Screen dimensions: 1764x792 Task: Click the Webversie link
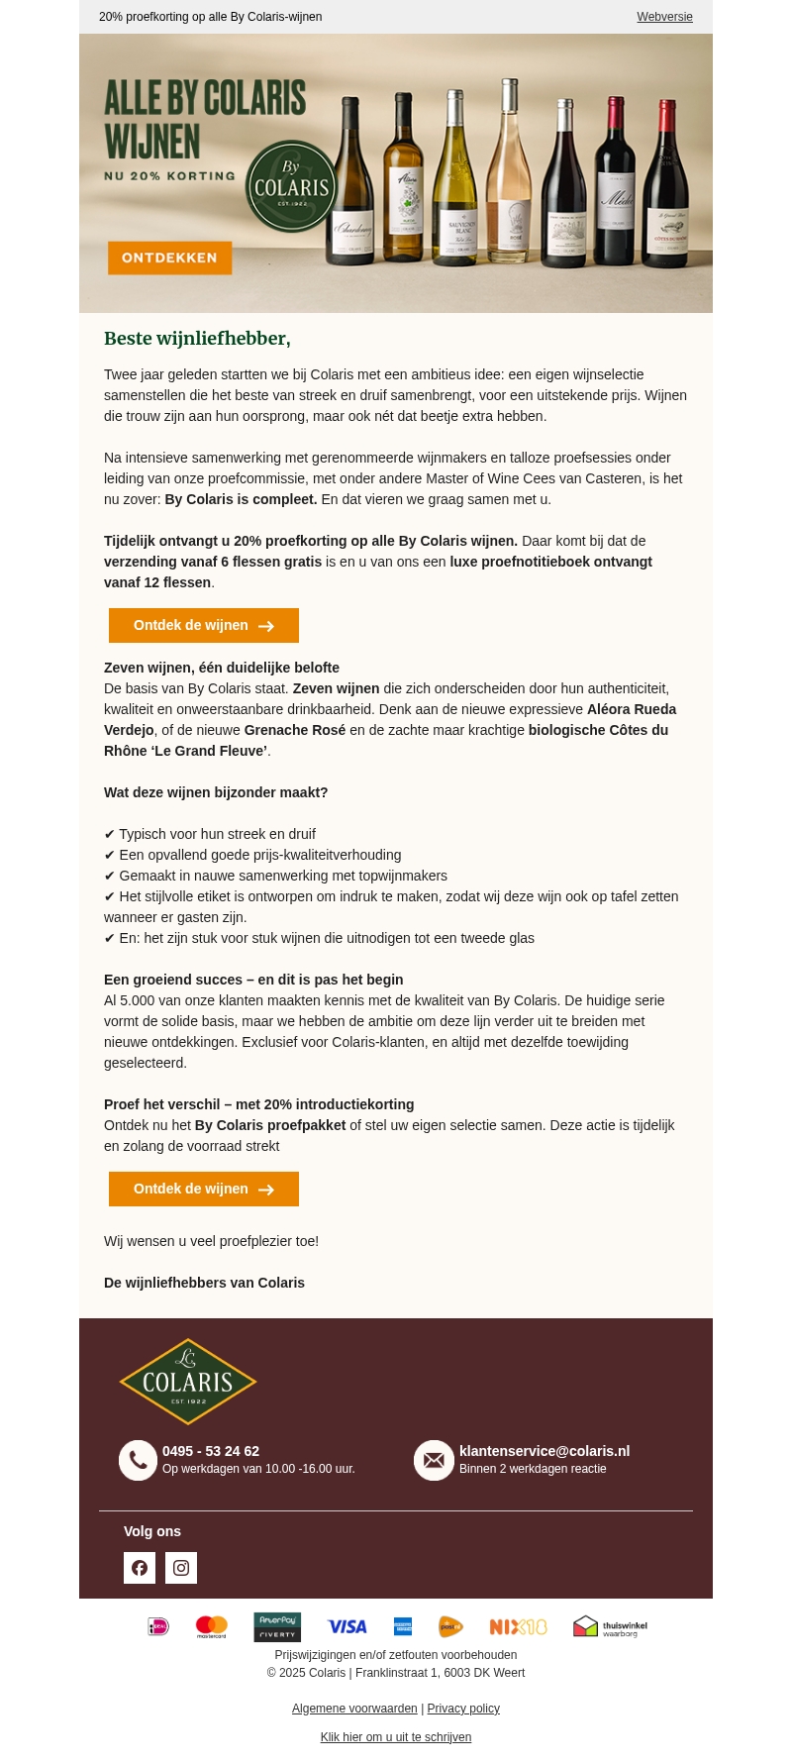click(664, 17)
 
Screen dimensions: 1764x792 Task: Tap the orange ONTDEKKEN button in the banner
click(169, 258)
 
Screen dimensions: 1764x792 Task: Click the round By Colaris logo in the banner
click(291, 185)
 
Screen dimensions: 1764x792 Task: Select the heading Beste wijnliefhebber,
click(197, 339)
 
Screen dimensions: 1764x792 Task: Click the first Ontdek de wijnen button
click(203, 626)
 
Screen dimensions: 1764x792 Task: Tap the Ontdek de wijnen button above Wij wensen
click(203, 1189)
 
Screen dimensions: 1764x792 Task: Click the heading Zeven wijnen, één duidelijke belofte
click(222, 668)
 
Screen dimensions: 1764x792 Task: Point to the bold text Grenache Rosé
click(295, 730)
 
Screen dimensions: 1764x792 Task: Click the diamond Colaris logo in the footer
click(188, 1382)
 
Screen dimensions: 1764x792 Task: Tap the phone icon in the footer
click(138, 1460)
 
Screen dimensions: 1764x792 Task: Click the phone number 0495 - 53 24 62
click(211, 1451)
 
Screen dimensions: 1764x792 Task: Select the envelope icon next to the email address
click(434, 1460)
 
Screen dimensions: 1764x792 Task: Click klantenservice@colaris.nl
click(544, 1451)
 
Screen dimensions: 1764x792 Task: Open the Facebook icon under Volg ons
click(140, 1568)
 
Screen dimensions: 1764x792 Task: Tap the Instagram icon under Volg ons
click(181, 1568)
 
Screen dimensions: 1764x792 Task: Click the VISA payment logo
click(347, 1626)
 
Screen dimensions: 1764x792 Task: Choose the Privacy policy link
click(463, 1709)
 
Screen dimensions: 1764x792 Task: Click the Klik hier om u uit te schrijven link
click(396, 1737)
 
